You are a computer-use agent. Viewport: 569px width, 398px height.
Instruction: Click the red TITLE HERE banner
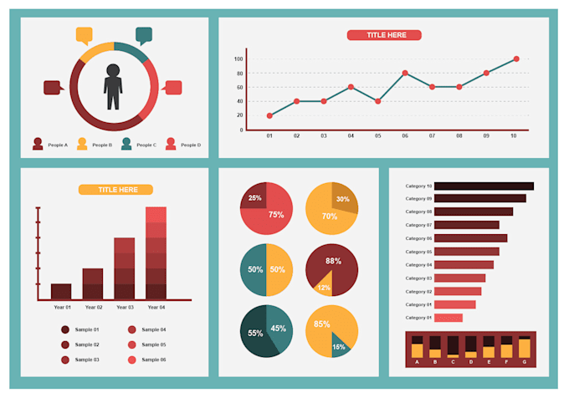(384, 35)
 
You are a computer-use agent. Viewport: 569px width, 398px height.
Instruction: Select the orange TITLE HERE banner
(115, 190)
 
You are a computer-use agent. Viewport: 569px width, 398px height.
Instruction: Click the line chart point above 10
(516, 59)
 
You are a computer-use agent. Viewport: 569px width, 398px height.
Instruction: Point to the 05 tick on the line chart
(377, 135)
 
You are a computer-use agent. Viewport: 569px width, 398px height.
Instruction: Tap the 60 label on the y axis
(238, 87)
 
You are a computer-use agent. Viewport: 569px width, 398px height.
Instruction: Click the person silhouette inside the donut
(113, 85)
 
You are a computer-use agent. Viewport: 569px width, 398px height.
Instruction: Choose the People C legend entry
(138, 145)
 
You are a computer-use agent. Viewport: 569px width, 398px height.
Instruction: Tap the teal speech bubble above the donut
(144, 35)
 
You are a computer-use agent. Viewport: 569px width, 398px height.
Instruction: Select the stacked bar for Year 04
(156, 253)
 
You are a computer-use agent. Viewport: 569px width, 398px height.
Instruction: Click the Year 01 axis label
(61, 308)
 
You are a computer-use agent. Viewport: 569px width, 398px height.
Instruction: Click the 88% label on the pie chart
(334, 261)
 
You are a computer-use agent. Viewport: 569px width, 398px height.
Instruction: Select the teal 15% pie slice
(339, 345)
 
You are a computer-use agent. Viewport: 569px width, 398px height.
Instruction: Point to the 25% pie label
(254, 198)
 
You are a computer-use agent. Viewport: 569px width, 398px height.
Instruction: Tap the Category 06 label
(418, 238)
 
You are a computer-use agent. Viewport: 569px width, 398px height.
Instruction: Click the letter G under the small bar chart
(524, 363)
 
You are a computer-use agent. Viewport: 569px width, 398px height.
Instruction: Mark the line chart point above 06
(405, 74)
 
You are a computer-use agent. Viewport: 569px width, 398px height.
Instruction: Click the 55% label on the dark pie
(255, 333)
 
